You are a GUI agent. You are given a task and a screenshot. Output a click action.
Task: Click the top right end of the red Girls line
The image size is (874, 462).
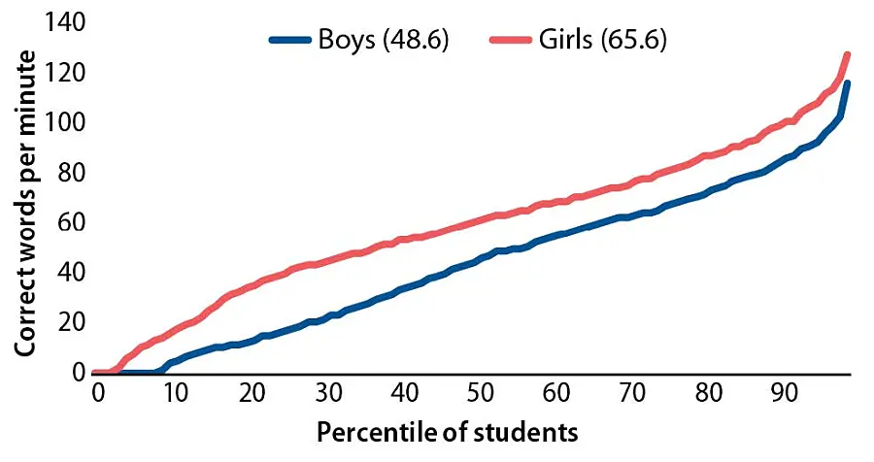pyautogui.click(x=848, y=54)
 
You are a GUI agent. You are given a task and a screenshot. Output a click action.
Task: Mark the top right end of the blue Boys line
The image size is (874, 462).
pyautogui.click(x=848, y=82)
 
